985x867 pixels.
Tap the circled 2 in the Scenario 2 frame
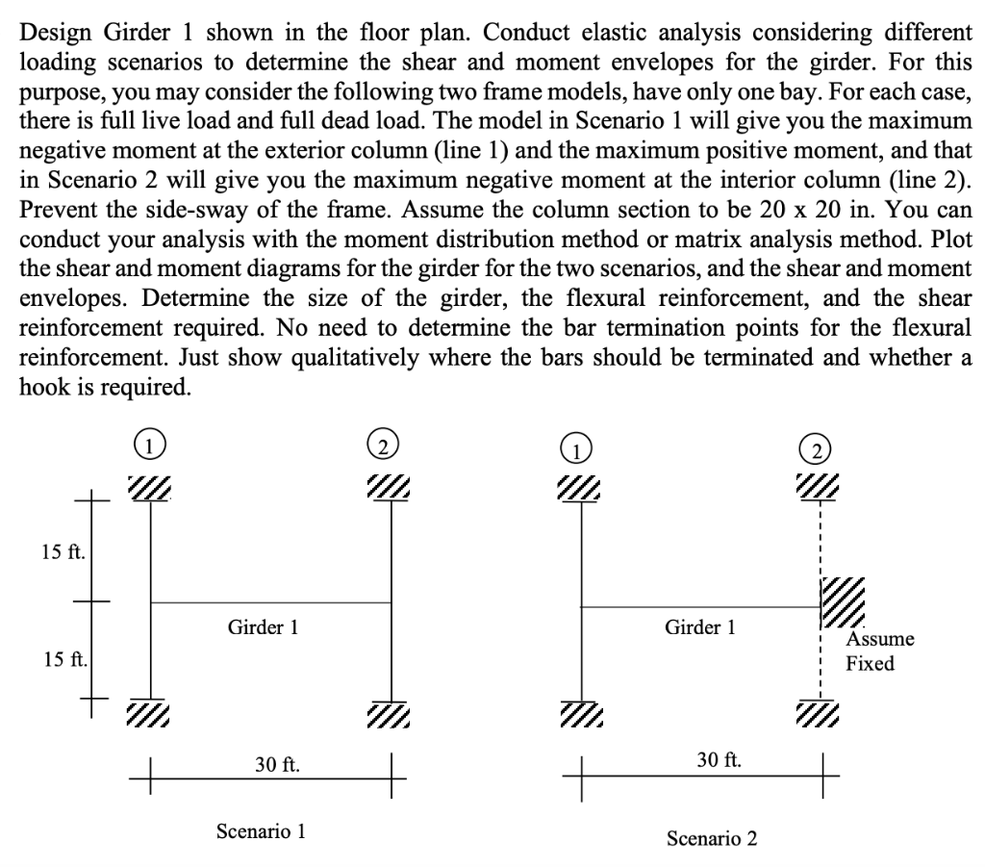(x=816, y=450)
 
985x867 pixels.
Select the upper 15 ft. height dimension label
(x=63, y=551)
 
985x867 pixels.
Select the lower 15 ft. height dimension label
(x=65, y=659)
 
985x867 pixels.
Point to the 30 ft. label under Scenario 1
(x=277, y=765)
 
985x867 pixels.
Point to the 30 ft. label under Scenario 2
(x=719, y=759)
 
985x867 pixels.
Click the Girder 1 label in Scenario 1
(x=263, y=627)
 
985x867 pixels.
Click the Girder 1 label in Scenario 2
(x=700, y=627)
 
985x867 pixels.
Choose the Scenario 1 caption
(x=261, y=831)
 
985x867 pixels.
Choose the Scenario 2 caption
(x=712, y=838)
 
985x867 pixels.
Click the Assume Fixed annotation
(x=879, y=650)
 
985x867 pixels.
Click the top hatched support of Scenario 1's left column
(x=149, y=488)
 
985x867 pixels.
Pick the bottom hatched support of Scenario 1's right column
(x=389, y=713)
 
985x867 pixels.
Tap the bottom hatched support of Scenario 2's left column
(x=581, y=713)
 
